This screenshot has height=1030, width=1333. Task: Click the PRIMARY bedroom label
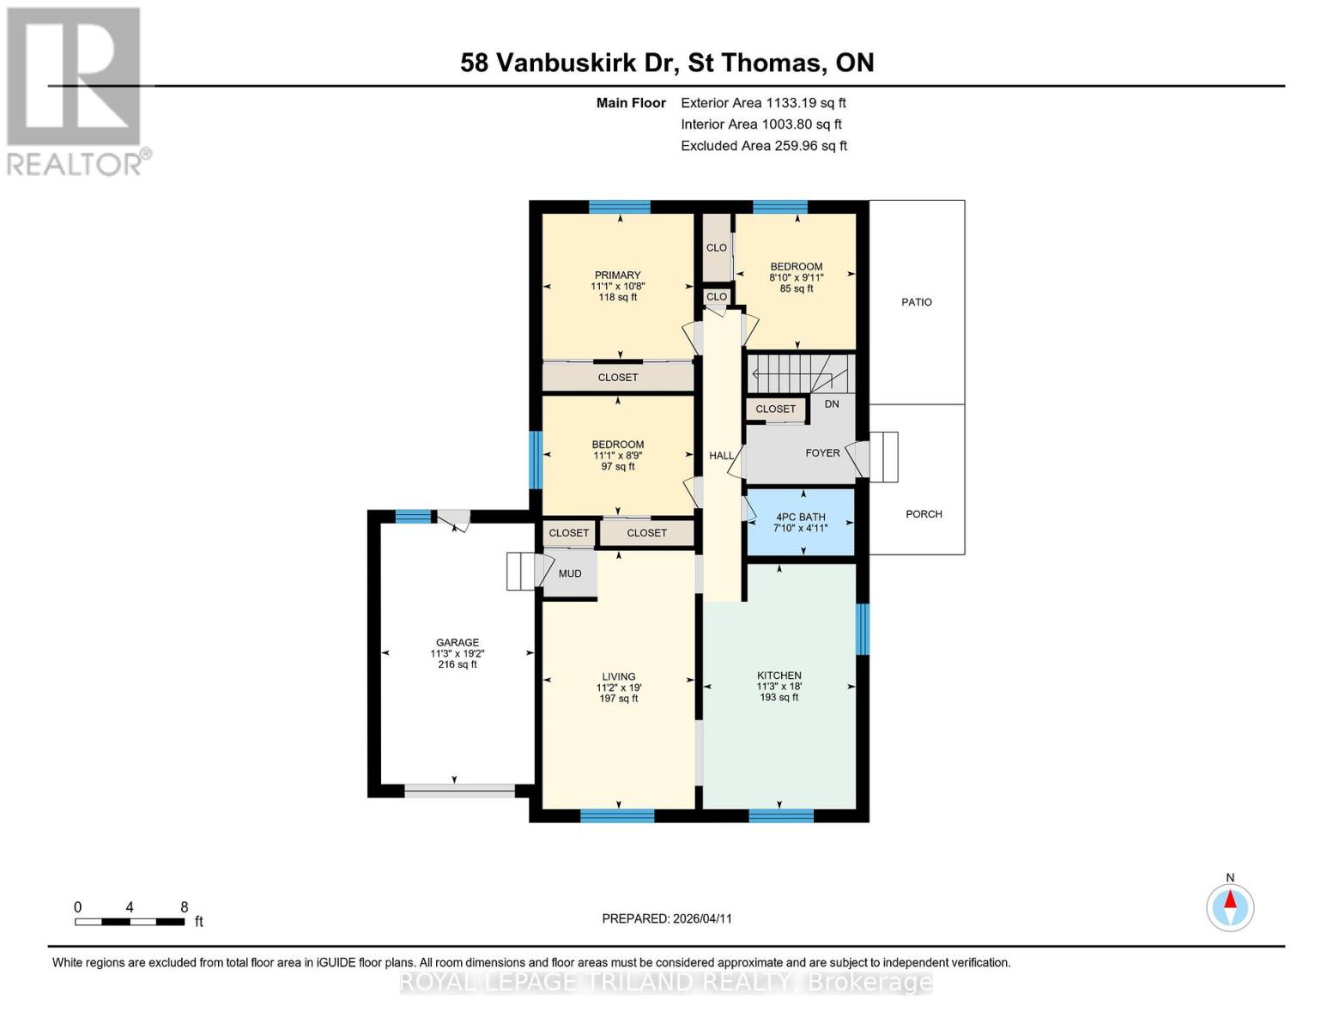(617, 276)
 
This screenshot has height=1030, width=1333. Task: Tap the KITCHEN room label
(779, 676)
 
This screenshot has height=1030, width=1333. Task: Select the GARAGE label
(457, 642)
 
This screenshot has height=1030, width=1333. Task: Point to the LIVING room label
(618, 676)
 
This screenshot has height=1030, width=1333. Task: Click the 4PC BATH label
(800, 517)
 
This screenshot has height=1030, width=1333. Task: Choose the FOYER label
(821, 453)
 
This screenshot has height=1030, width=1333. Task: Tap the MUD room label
(570, 573)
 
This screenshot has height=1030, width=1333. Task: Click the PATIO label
(916, 302)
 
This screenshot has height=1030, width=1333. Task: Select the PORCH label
(924, 514)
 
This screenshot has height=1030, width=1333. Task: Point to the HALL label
(721, 456)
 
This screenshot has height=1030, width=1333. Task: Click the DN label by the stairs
(831, 403)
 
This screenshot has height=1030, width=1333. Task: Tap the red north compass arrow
(1230, 900)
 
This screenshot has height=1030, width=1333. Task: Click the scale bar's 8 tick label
(184, 907)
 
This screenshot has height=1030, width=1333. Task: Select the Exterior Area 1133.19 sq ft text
(763, 103)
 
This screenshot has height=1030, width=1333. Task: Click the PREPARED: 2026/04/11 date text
(666, 918)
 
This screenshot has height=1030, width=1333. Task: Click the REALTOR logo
(76, 90)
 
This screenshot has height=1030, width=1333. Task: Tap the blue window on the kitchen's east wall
(863, 629)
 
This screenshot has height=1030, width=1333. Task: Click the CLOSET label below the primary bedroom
(617, 378)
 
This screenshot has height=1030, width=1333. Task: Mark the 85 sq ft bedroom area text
(796, 289)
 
